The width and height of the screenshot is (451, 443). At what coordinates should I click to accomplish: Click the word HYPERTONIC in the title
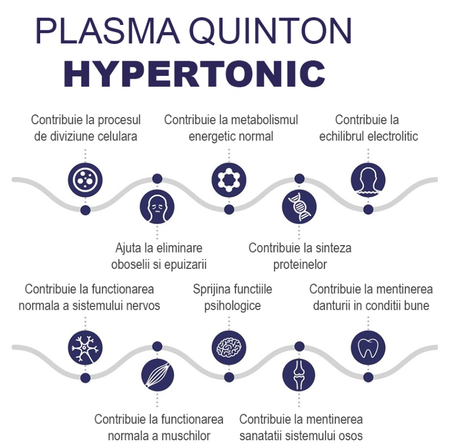(x=194, y=74)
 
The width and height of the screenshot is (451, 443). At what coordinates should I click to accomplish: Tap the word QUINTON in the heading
(x=271, y=31)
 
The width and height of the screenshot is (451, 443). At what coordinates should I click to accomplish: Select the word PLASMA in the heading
(x=107, y=30)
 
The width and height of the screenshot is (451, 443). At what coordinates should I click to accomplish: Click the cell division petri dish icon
(x=85, y=180)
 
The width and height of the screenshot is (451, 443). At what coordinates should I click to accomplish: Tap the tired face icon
(x=157, y=207)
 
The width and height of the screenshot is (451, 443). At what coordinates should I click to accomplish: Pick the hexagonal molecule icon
(x=229, y=180)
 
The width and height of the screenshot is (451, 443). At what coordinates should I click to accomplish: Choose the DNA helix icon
(x=299, y=207)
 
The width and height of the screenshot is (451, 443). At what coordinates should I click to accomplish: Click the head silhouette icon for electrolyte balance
(x=368, y=180)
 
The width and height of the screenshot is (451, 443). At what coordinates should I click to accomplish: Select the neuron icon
(x=85, y=348)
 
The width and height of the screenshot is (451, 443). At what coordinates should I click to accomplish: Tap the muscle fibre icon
(x=157, y=375)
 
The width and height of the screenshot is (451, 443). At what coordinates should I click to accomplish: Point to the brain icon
(x=229, y=348)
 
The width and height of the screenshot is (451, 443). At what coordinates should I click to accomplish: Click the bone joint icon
(x=299, y=375)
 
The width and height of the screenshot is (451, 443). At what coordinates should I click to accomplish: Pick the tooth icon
(x=368, y=348)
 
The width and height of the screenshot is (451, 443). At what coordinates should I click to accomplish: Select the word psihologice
(x=232, y=306)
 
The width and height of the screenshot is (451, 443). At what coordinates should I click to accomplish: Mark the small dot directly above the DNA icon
(x=300, y=179)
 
